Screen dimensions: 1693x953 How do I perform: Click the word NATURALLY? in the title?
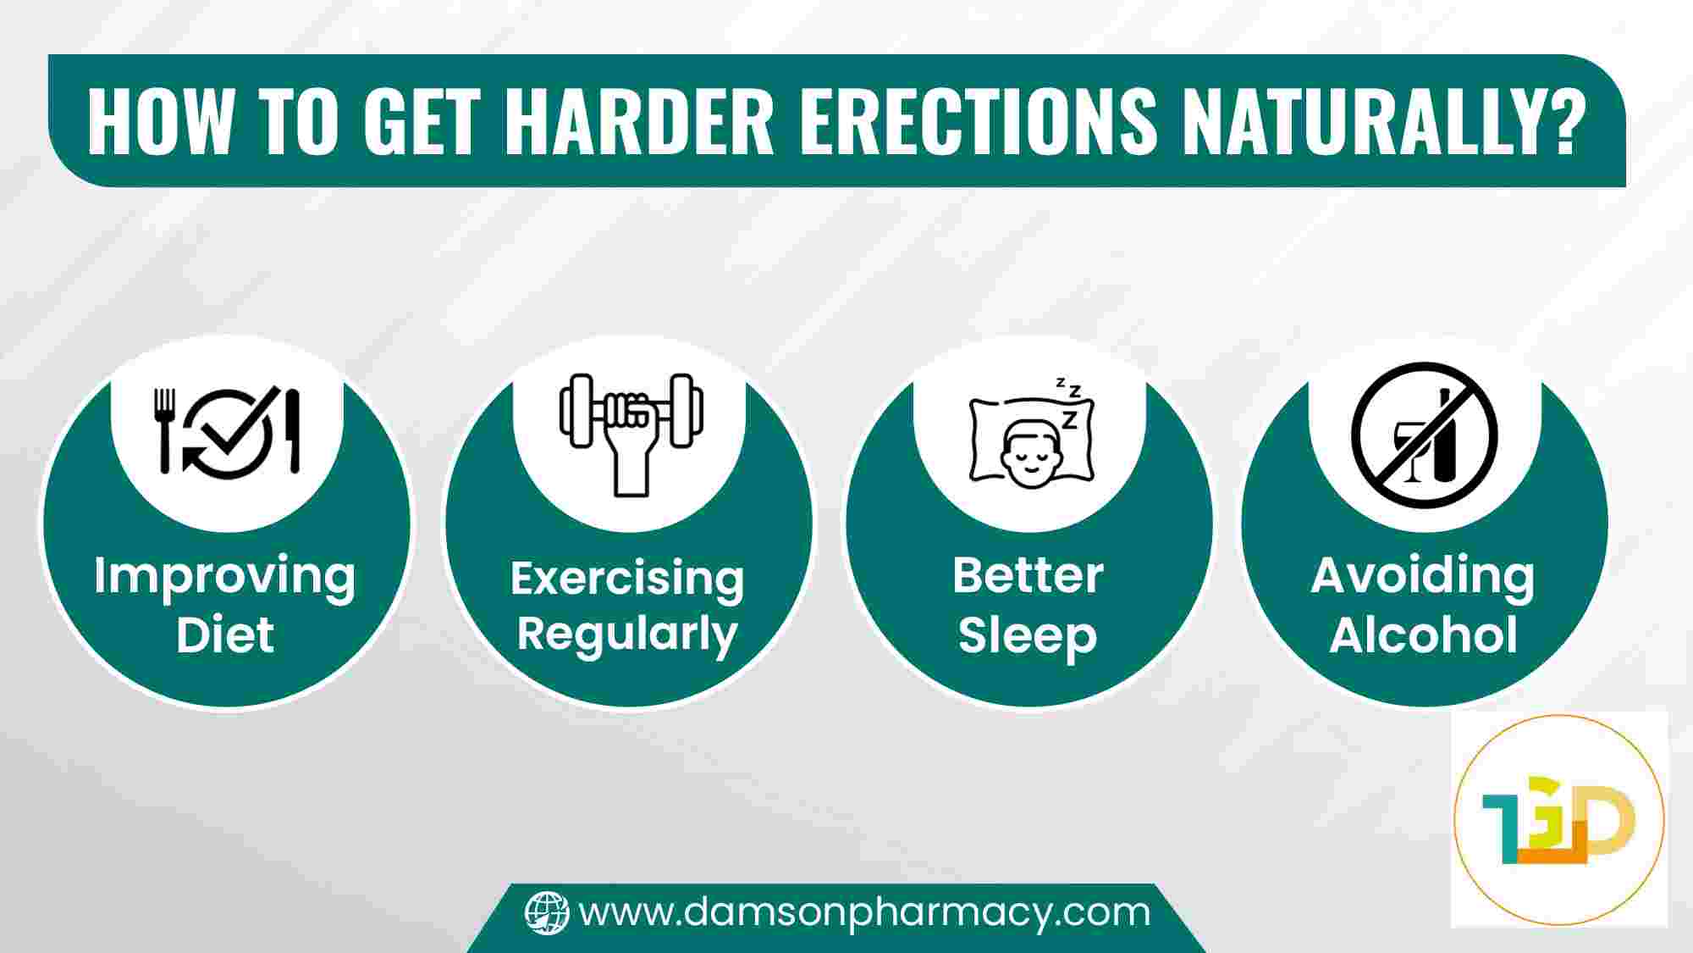pos(1379,120)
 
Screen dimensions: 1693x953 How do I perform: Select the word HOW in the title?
pos(159,120)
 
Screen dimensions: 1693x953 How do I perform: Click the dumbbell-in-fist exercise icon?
pos(631,434)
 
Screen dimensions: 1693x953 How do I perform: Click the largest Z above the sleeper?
pos(1070,418)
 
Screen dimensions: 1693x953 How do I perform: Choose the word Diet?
pos(225,635)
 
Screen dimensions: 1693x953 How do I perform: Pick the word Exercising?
pos(627,579)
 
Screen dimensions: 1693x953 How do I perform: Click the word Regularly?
pos(627,636)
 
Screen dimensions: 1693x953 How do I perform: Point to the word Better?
pos(1028,576)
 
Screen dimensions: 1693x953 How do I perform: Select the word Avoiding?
pos(1423,578)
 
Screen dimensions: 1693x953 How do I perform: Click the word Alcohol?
pos(1423,634)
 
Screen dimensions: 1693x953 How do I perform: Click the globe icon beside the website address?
pos(547,913)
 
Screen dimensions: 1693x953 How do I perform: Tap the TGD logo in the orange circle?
pos(1558,820)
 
